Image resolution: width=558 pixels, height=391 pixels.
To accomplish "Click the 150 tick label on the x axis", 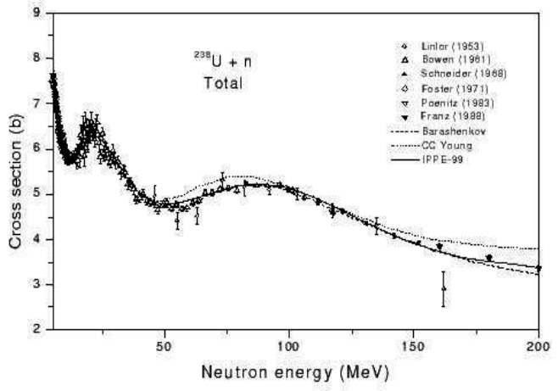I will coord(414,346).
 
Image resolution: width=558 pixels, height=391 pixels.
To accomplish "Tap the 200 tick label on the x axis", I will coord(538,346).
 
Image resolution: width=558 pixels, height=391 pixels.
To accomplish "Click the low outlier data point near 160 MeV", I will coord(443,289).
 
